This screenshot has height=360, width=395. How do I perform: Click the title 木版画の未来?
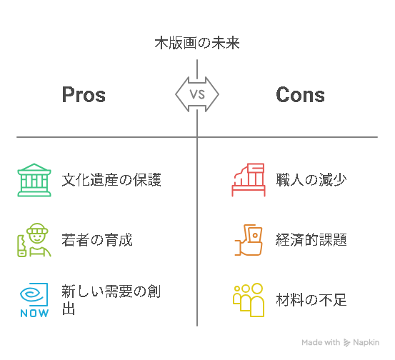click(x=197, y=43)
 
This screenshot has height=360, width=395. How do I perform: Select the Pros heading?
click(x=84, y=95)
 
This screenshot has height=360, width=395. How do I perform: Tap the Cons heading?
click(x=300, y=95)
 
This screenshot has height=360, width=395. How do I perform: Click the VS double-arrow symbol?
click(x=197, y=94)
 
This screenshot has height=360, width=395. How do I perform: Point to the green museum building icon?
click(x=34, y=180)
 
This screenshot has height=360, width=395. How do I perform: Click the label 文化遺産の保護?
click(x=111, y=180)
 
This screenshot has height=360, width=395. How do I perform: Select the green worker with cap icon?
click(x=34, y=240)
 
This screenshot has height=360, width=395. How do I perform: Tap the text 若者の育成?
click(x=97, y=240)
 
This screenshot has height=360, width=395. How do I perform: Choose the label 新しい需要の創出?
click(x=111, y=300)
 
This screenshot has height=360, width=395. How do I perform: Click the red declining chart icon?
click(x=249, y=180)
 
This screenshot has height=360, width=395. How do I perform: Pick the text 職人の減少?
click(x=311, y=180)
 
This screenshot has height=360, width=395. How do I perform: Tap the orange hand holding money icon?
click(x=249, y=240)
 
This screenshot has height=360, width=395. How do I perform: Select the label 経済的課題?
click(x=311, y=240)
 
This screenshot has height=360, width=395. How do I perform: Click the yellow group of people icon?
click(x=249, y=300)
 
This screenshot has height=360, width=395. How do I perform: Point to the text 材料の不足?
click(x=311, y=300)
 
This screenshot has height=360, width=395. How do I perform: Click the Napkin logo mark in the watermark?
click(x=346, y=343)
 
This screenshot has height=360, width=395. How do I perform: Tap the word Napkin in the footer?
click(x=366, y=343)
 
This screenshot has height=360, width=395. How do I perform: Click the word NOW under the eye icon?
click(x=34, y=313)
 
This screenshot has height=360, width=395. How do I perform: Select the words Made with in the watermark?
click(x=321, y=342)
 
